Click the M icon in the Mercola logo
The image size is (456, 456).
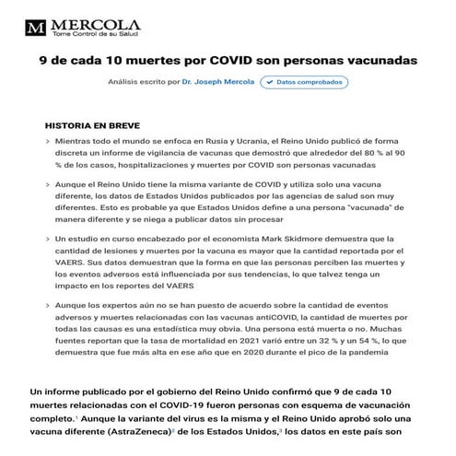pos(37,25)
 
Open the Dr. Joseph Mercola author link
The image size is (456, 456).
pos(218,82)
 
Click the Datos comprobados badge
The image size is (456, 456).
pos(304,82)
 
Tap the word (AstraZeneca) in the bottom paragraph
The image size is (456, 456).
pos(135,429)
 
